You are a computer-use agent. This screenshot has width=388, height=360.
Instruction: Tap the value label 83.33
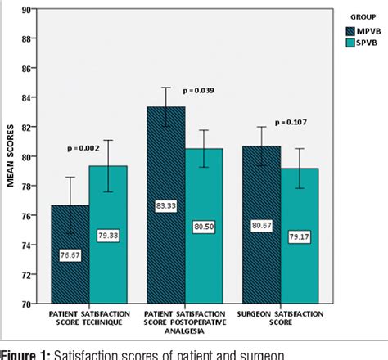pyautogui.click(x=166, y=207)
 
